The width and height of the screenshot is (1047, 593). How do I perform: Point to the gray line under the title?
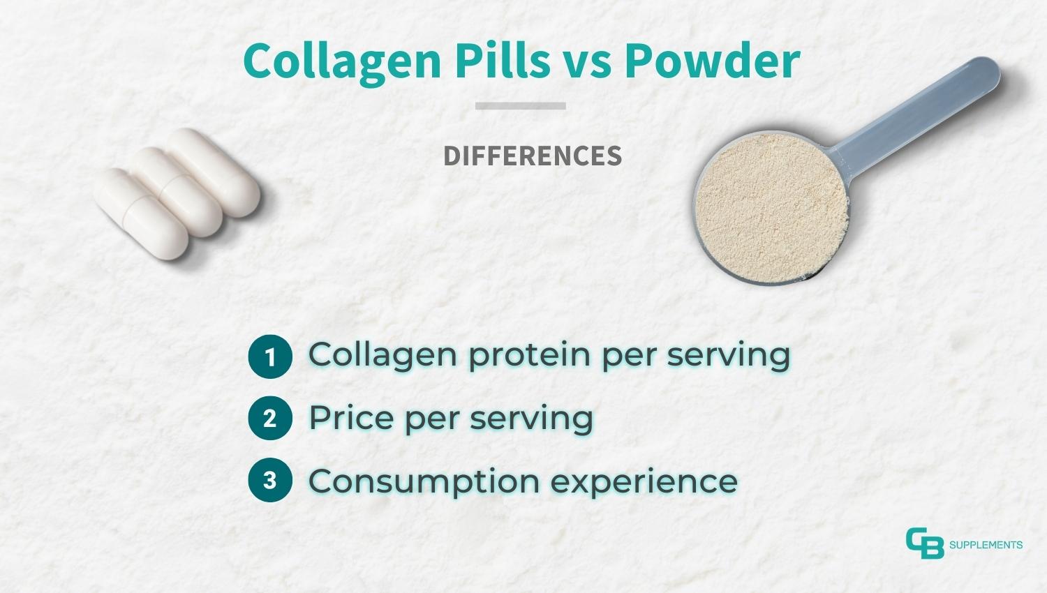coord(521,106)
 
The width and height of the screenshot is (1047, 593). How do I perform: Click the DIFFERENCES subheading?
coord(533,156)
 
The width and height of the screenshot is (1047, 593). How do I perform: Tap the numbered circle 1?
coord(269,357)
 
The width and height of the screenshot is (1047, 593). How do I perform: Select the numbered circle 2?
coord(269,419)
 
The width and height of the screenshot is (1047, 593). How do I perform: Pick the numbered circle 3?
coord(269,480)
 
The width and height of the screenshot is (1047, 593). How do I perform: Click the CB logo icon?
coord(924,543)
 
